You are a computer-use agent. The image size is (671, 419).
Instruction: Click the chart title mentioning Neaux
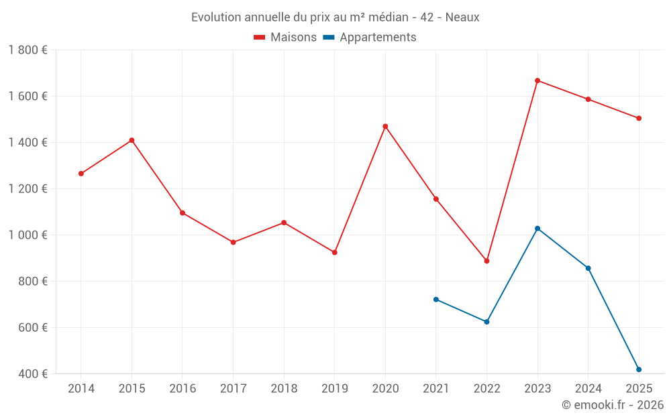point(335,17)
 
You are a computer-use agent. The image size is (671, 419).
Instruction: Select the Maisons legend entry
point(285,38)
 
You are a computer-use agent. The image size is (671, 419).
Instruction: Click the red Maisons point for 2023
point(537,80)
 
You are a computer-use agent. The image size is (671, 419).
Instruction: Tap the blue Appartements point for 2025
point(639,369)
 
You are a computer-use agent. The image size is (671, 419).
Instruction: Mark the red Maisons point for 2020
point(385,126)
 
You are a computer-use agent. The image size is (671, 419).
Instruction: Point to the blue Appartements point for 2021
point(436,300)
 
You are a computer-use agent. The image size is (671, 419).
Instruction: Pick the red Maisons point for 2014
point(81,174)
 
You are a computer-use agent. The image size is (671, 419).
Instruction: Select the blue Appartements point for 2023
point(537,229)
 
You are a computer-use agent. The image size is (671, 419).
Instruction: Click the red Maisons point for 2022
point(486,261)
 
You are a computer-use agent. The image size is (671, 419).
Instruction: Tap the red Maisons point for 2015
point(132,140)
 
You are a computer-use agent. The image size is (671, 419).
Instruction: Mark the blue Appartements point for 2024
point(588,268)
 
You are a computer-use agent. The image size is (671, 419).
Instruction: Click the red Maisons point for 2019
point(335,252)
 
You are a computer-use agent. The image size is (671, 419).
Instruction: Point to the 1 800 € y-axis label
point(28,50)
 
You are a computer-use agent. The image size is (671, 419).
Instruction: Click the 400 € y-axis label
point(32,374)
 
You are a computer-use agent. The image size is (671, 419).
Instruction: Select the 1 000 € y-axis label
point(28,235)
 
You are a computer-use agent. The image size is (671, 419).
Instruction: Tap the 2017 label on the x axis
point(233,389)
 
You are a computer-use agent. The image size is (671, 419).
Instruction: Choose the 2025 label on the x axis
point(639,389)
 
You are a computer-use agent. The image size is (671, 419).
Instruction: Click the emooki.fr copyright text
point(612,405)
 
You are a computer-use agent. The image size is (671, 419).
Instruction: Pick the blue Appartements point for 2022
point(486,322)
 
